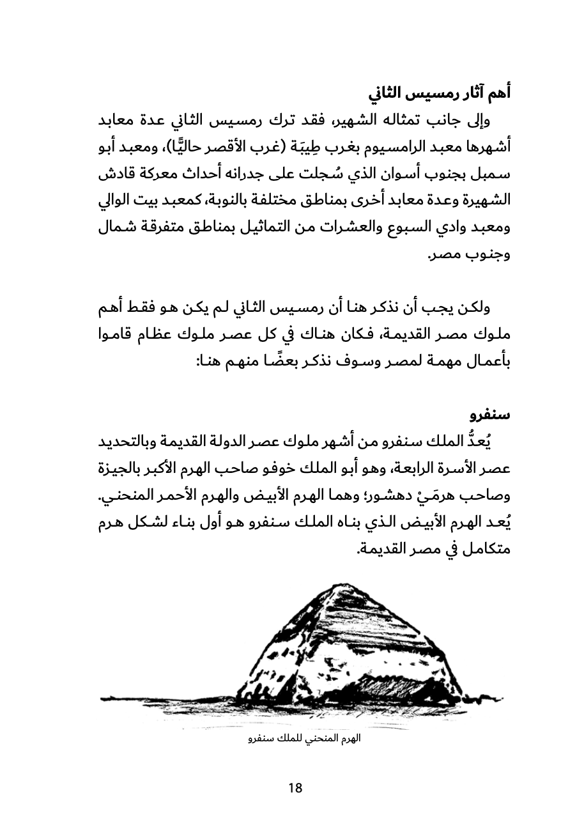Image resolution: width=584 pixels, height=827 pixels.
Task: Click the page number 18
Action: [x=295, y=787]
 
